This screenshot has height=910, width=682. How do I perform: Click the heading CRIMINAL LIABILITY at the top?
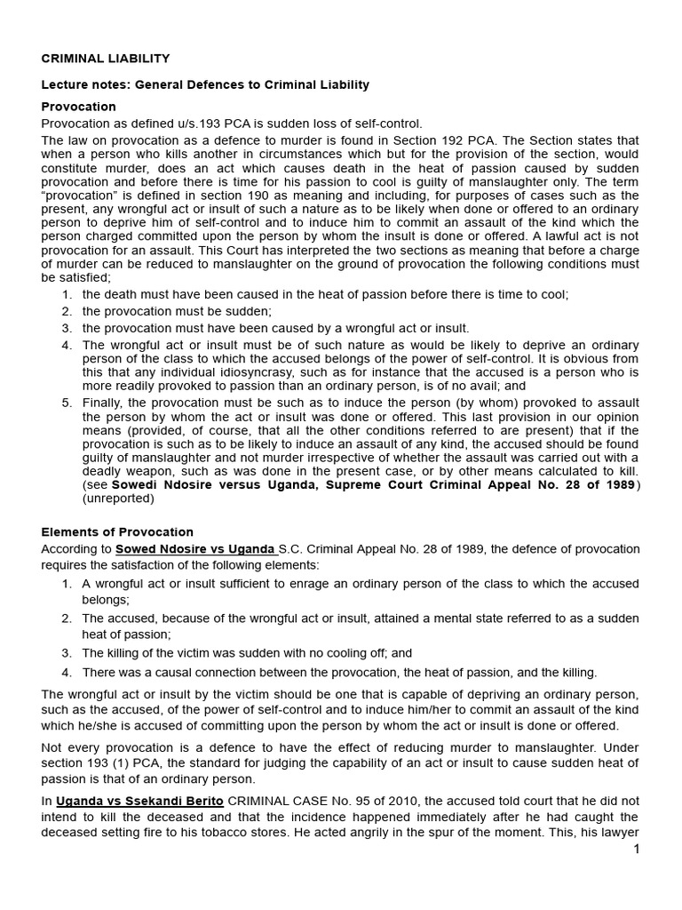pyautogui.click(x=106, y=59)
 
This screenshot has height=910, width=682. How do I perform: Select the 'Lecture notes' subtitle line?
pyautogui.click(x=205, y=84)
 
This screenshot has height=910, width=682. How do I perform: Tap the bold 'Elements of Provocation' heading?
pyautogui.click(x=117, y=531)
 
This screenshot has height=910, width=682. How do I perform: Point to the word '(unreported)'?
pyautogui.click(x=118, y=499)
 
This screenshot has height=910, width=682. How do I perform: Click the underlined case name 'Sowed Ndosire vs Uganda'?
pyautogui.click(x=194, y=549)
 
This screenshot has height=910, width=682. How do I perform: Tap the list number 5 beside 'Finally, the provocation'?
pyautogui.click(x=67, y=403)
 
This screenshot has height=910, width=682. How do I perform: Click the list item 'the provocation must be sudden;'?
pyautogui.click(x=177, y=311)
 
